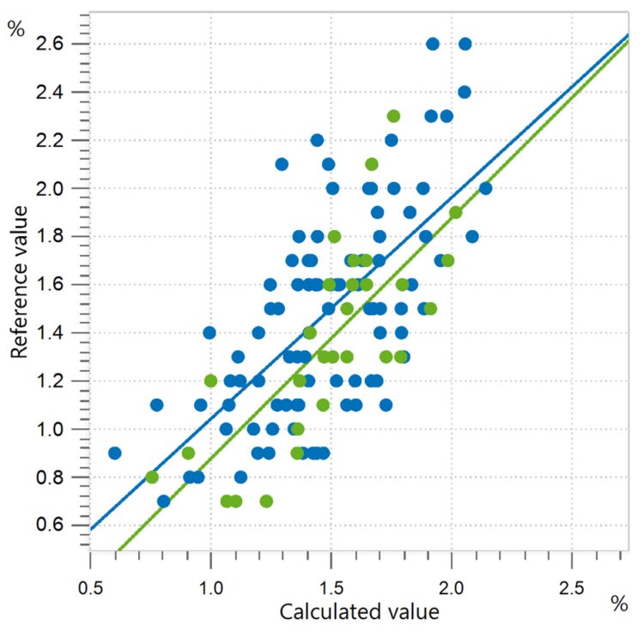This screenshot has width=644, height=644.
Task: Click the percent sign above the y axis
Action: pyautogui.click(x=15, y=28)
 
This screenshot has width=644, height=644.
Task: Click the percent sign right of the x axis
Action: pyautogui.click(x=619, y=604)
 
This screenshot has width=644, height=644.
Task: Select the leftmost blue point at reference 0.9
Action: pyautogui.click(x=114, y=453)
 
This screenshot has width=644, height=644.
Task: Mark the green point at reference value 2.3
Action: pyautogui.click(x=393, y=116)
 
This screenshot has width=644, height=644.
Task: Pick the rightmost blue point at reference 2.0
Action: pyautogui.click(x=485, y=188)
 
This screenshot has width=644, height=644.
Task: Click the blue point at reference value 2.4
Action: pyautogui.click(x=465, y=92)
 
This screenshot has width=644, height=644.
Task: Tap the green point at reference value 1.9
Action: pyautogui.click(x=455, y=212)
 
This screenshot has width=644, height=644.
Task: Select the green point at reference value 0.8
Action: pyautogui.click(x=152, y=477)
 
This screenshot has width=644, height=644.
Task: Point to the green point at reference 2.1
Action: pyautogui.click(x=372, y=164)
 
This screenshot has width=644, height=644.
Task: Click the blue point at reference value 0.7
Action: pyautogui.click(x=163, y=501)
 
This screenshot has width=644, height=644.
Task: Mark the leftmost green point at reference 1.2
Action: pyautogui.click(x=211, y=380)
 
